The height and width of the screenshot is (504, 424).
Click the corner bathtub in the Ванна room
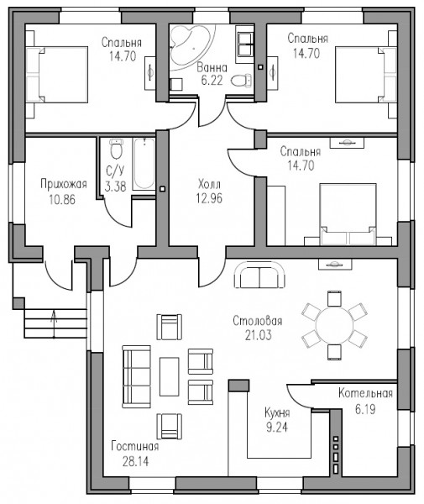coord(190,45)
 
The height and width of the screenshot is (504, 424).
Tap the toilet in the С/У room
coord(116,149)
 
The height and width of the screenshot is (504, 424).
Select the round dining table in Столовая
coord(334,324)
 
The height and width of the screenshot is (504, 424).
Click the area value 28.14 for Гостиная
coord(135,461)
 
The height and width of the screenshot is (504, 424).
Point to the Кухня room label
coord(277,412)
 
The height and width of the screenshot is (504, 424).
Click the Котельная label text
coord(365,393)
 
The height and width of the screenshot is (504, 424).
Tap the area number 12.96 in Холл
coord(209,198)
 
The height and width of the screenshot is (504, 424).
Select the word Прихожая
coord(64,185)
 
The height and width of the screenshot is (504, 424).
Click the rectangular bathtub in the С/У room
coord(144,164)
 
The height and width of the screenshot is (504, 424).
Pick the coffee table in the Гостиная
coord(170,376)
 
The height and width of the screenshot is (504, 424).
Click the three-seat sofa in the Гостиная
coord(136,376)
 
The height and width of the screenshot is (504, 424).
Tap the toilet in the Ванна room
coord(241,81)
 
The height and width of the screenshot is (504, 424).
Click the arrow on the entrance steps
coord(54,324)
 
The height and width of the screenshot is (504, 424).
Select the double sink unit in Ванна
coord(245,45)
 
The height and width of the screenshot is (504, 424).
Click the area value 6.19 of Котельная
coord(365,410)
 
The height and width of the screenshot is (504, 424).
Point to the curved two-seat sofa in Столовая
coord(259,275)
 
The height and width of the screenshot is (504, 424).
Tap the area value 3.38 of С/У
coord(115,186)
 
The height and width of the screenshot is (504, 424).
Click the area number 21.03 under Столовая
coord(259,335)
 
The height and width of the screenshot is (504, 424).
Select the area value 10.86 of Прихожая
coord(62,200)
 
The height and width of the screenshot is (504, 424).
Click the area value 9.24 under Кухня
coord(277,428)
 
